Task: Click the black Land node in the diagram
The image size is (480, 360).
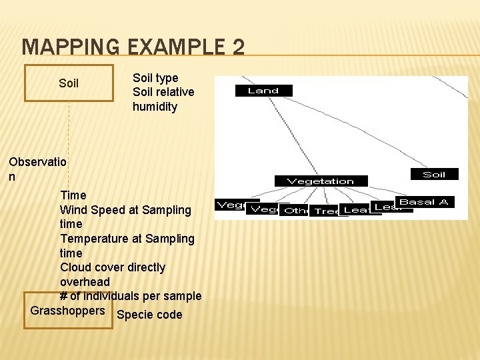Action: tap(263, 91)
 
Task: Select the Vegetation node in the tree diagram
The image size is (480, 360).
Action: tap(321, 181)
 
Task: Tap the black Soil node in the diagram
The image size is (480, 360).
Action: tap(434, 174)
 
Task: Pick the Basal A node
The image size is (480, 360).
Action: tap(424, 202)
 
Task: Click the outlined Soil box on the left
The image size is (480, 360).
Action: tap(69, 83)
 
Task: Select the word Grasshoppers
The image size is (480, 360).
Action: tap(68, 311)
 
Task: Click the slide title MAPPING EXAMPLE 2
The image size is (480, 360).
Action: tap(133, 47)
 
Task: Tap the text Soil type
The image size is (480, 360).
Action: tap(155, 78)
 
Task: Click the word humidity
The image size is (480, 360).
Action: tap(155, 107)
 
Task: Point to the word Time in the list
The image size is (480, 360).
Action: tap(73, 195)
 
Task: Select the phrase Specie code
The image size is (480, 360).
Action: tap(149, 315)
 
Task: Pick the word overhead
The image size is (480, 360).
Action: tap(85, 282)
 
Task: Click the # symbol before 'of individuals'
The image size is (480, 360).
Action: tap(64, 296)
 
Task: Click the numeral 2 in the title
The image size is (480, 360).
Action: tap(238, 47)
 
